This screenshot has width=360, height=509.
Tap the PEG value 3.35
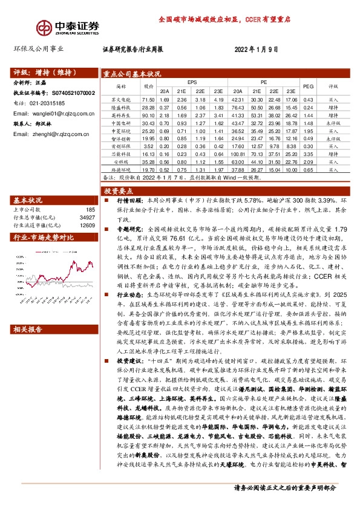308,154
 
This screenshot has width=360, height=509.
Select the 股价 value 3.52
148,146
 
